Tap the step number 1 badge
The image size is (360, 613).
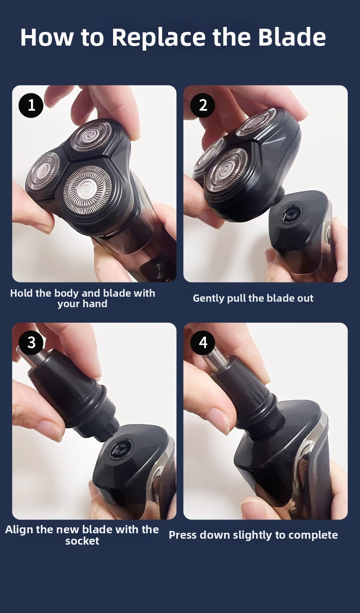tap(31, 105)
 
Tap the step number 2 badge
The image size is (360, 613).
tap(203, 105)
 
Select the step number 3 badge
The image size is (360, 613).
tap(31, 342)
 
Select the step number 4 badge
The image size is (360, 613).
tap(203, 342)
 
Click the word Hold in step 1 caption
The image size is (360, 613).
tap(21, 293)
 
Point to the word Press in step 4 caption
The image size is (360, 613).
tap(182, 535)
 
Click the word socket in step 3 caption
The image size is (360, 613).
tap(82, 541)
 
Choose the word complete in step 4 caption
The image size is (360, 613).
tap(317, 535)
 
